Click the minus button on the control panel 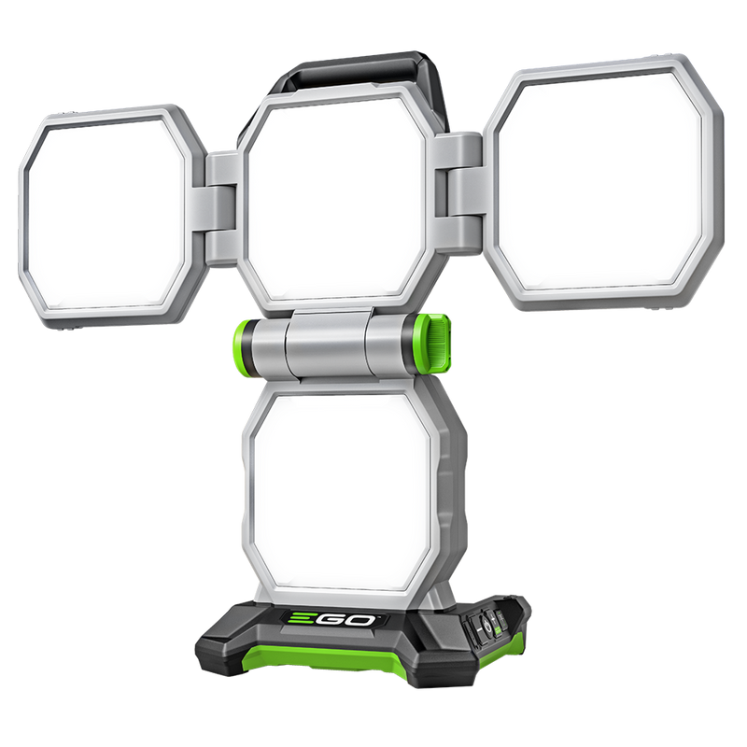coord(479,629)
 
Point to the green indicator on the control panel coord(498,629)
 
